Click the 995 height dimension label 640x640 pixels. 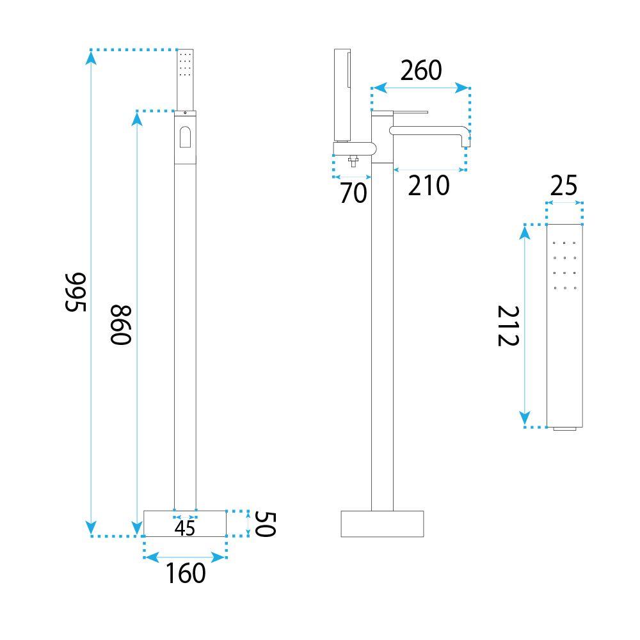[x=76, y=292]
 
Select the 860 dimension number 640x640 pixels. [x=121, y=325]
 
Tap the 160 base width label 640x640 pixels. [x=186, y=573]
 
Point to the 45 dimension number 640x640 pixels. [x=185, y=529]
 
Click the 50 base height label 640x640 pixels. [x=266, y=524]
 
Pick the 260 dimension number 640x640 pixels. [x=421, y=70]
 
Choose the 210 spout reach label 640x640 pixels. [x=429, y=186]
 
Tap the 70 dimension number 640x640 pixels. [x=353, y=193]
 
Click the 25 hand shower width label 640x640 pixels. [x=564, y=186]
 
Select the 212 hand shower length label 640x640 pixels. [x=508, y=326]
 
